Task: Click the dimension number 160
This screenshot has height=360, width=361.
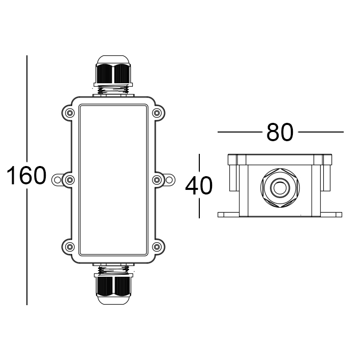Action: point(26,176)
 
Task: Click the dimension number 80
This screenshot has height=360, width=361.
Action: point(280,133)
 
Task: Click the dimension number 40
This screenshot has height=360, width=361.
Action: point(199,186)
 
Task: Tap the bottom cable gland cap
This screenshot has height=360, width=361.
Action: point(113,288)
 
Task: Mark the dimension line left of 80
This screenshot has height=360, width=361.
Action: point(239,133)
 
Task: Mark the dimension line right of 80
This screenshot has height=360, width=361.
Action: point(321,133)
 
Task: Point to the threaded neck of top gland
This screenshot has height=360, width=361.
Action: point(113,91)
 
